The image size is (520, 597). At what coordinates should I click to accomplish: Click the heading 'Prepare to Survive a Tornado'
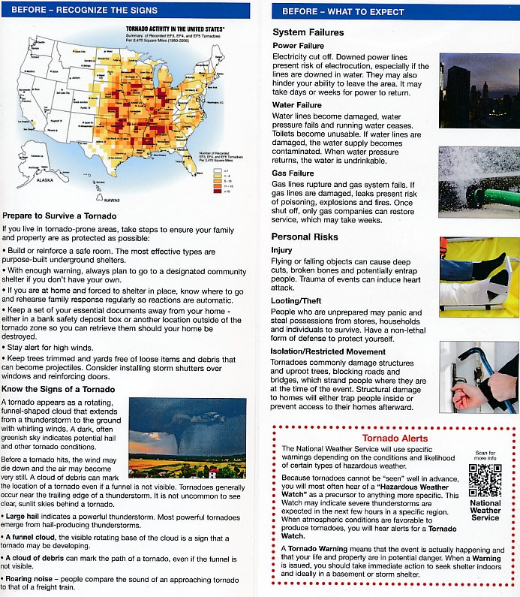coord(59,216)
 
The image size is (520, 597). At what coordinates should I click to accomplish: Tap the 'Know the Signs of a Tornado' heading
coord(59,388)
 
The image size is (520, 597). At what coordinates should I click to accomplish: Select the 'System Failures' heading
coord(308,32)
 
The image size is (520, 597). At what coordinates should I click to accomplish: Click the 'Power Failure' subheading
coord(298,46)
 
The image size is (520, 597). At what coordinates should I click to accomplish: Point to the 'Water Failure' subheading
coord(297,105)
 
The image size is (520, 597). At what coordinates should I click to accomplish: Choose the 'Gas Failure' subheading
coord(293,173)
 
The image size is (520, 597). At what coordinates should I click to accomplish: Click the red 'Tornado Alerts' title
coord(395,438)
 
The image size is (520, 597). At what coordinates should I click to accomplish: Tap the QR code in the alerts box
coord(485,481)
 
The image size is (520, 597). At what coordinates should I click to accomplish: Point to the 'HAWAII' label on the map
coord(111,200)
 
